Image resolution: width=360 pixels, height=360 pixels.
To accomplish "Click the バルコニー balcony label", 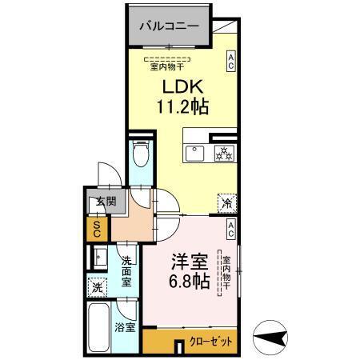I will point(169,26).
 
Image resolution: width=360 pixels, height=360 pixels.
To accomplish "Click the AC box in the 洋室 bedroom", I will point(230,230).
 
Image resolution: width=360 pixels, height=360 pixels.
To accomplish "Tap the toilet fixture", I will point(141,153).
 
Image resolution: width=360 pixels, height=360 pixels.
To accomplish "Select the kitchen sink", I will point(194,153).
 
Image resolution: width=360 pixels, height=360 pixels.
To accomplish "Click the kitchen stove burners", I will point(222,153).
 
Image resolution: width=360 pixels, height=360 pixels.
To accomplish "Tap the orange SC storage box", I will point(97,230).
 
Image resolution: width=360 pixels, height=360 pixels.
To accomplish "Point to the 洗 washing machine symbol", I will point(97,286).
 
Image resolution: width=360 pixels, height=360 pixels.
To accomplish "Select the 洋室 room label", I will point(188,262).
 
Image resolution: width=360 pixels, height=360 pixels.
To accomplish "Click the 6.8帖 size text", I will point(189,282).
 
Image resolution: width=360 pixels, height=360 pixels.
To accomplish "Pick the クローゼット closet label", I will point(213,341).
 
